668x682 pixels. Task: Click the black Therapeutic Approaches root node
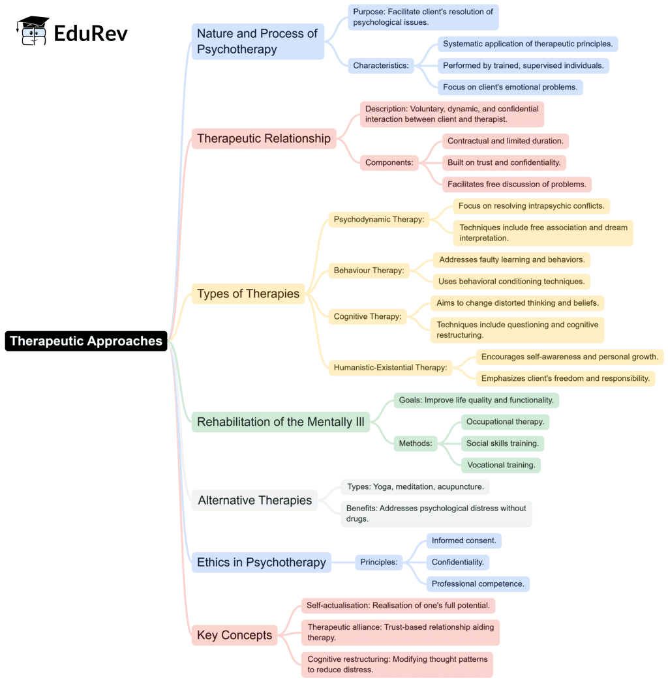tap(86, 341)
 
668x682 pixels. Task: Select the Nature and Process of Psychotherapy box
tap(258, 41)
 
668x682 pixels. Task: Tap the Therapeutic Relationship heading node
tap(264, 138)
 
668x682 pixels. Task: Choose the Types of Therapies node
tap(248, 293)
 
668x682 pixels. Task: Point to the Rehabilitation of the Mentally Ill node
tap(281, 422)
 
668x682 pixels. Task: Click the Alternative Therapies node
tap(254, 500)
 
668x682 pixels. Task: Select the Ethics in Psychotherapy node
tap(261, 562)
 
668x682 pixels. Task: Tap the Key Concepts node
tap(234, 635)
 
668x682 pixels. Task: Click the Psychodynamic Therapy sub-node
tap(378, 219)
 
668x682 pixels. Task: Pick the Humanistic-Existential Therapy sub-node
tap(390, 367)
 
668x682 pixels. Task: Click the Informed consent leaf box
tap(464, 541)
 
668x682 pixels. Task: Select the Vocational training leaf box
tap(500, 465)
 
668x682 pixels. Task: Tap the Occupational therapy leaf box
tap(505, 422)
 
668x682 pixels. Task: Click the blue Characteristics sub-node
tap(381, 65)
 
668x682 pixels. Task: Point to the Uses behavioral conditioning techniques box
tap(511, 281)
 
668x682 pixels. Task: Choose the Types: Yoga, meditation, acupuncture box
tap(415, 486)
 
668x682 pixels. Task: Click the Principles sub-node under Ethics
tap(378, 562)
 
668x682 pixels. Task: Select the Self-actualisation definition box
tap(398, 605)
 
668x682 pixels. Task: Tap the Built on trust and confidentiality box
tap(504, 162)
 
